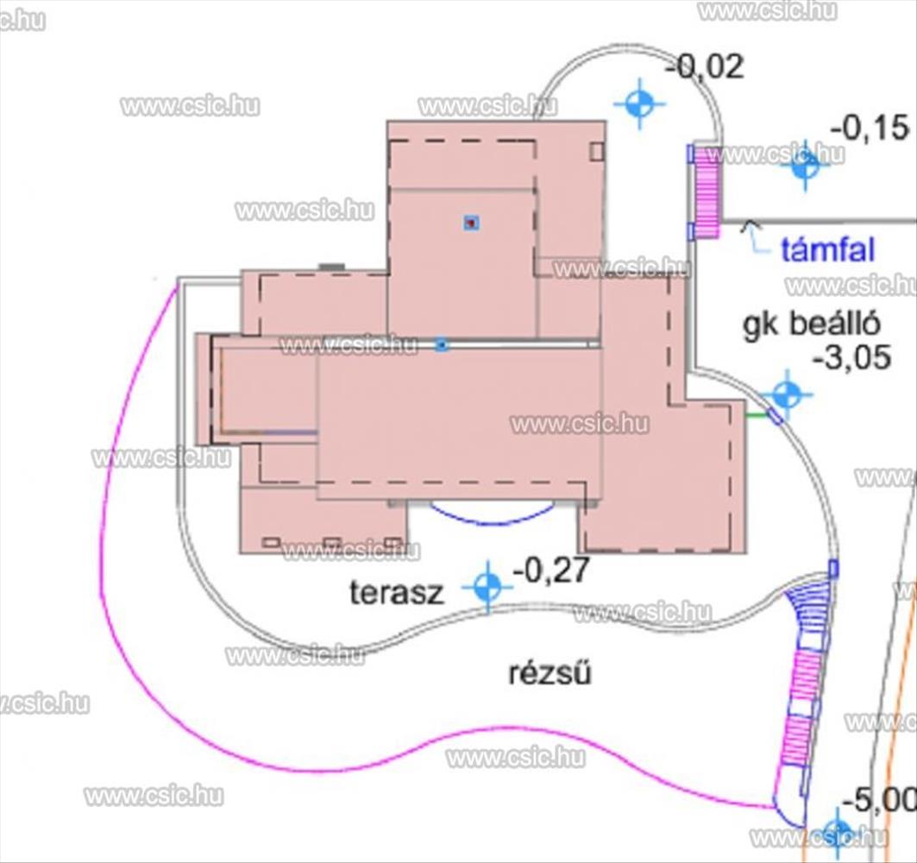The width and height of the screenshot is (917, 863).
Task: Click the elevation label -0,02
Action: click(x=706, y=66)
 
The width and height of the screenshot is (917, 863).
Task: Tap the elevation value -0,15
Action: click(x=870, y=128)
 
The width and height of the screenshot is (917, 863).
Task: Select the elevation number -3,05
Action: click(x=852, y=356)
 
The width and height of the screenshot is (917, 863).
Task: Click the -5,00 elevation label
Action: click(x=878, y=800)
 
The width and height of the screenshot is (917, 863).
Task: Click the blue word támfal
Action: click(x=827, y=249)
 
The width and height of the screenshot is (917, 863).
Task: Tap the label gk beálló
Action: click(x=811, y=324)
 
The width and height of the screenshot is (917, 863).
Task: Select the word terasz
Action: click(x=397, y=593)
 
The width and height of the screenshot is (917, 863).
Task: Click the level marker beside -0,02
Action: click(x=639, y=104)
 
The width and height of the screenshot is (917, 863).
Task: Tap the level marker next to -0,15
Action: click(x=805, y=165)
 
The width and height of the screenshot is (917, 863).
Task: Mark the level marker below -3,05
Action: click(x=787, y=395)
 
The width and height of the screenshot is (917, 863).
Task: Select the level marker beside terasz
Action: click(x=487, y=588)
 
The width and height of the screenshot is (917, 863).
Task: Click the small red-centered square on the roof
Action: click(x=471, y=223)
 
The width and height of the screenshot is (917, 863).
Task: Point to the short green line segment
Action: click(x=757, y=416)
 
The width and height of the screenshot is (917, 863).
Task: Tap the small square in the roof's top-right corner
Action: click(x=596, y=151)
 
